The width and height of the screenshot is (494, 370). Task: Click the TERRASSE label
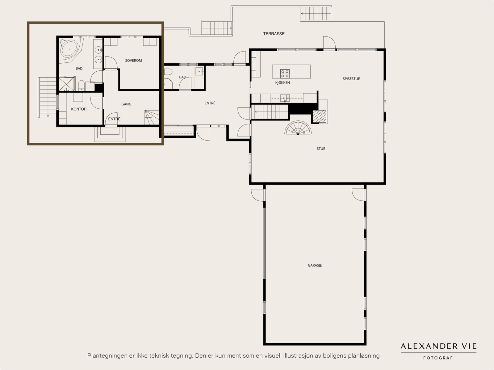[274, 34]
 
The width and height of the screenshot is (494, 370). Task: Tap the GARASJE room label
[315, 265]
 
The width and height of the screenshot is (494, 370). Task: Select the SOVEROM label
[133, 61]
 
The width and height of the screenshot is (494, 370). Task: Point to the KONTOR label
[79, 109]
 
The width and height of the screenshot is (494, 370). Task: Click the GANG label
[126, 104]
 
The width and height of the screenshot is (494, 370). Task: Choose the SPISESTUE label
[351, 79]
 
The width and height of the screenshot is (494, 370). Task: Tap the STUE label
[321, 149]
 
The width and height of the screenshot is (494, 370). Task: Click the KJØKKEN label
[283, 82]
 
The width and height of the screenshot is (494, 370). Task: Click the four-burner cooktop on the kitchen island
[285, 74]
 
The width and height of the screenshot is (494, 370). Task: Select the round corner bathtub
[70, 49]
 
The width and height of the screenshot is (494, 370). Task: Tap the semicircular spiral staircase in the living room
[298, 128]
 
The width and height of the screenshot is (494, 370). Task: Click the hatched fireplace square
[320, 116]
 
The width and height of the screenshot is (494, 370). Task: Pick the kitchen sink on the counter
[285, 98]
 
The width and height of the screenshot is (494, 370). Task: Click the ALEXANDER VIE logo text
[438, 346]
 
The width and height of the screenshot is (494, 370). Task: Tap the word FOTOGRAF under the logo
[438, 358]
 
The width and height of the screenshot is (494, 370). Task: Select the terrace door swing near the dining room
[329, 43]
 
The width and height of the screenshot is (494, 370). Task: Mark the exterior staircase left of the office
[47, 97]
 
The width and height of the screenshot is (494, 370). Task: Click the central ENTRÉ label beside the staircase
[210, 103]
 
